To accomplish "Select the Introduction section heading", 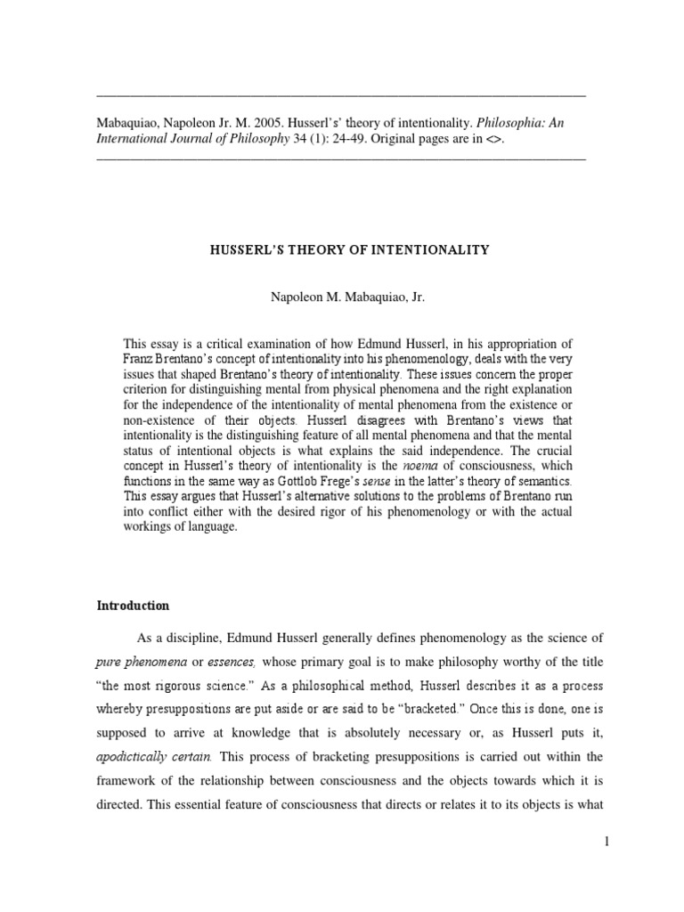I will click(133, 606).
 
